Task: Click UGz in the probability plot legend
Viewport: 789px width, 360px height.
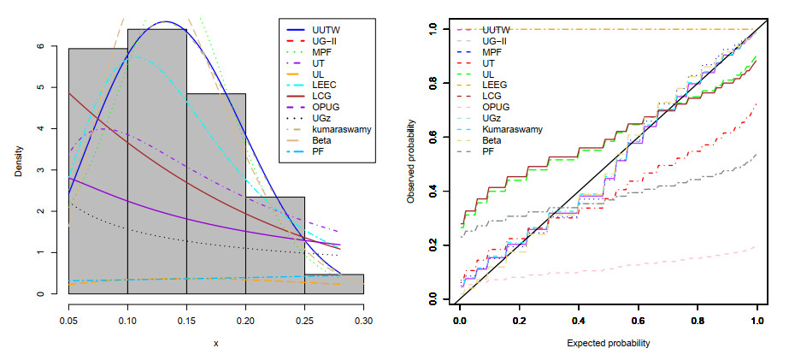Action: tap(492, 126)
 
